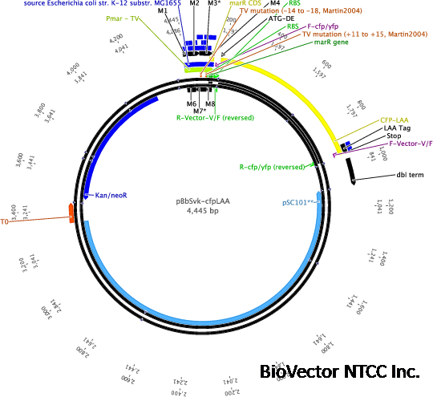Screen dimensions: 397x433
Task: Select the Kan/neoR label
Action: click(111, 195)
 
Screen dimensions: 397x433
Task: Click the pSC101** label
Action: click(298, 202)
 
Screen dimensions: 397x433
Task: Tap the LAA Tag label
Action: click(396, 128)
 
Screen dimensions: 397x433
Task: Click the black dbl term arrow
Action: click(352, 172)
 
